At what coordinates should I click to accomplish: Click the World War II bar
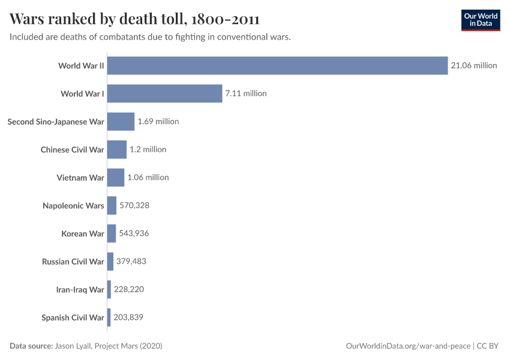(x=277, y=65)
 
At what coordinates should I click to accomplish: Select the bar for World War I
(x=164, y=94)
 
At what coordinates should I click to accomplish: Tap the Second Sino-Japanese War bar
(x=121, y=121)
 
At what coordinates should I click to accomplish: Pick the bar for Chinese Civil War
(x=117, y=149)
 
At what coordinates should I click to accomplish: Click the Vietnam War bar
(x=116, y=178)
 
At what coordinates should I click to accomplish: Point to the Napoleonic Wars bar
(x=112, y=205)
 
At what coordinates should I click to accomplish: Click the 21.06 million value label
(x=474, y=65)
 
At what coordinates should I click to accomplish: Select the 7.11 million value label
(x=245, y=94)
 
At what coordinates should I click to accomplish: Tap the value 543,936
(x=134, y=233)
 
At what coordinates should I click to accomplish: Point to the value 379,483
(x=131, y=262)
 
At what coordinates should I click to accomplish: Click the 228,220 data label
(x=129, y=289)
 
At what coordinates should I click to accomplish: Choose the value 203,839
(x=128, y=317)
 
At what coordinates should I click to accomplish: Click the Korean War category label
(x=83, y=233)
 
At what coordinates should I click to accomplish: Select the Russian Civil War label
(x=73, y=262)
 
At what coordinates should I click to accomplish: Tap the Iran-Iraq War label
(x=80, y=289)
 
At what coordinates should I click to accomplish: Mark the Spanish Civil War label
(x=73, y=317)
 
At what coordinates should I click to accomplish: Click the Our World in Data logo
(x=480, y=20)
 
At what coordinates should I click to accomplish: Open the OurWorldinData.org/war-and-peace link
(x=409, y=346)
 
